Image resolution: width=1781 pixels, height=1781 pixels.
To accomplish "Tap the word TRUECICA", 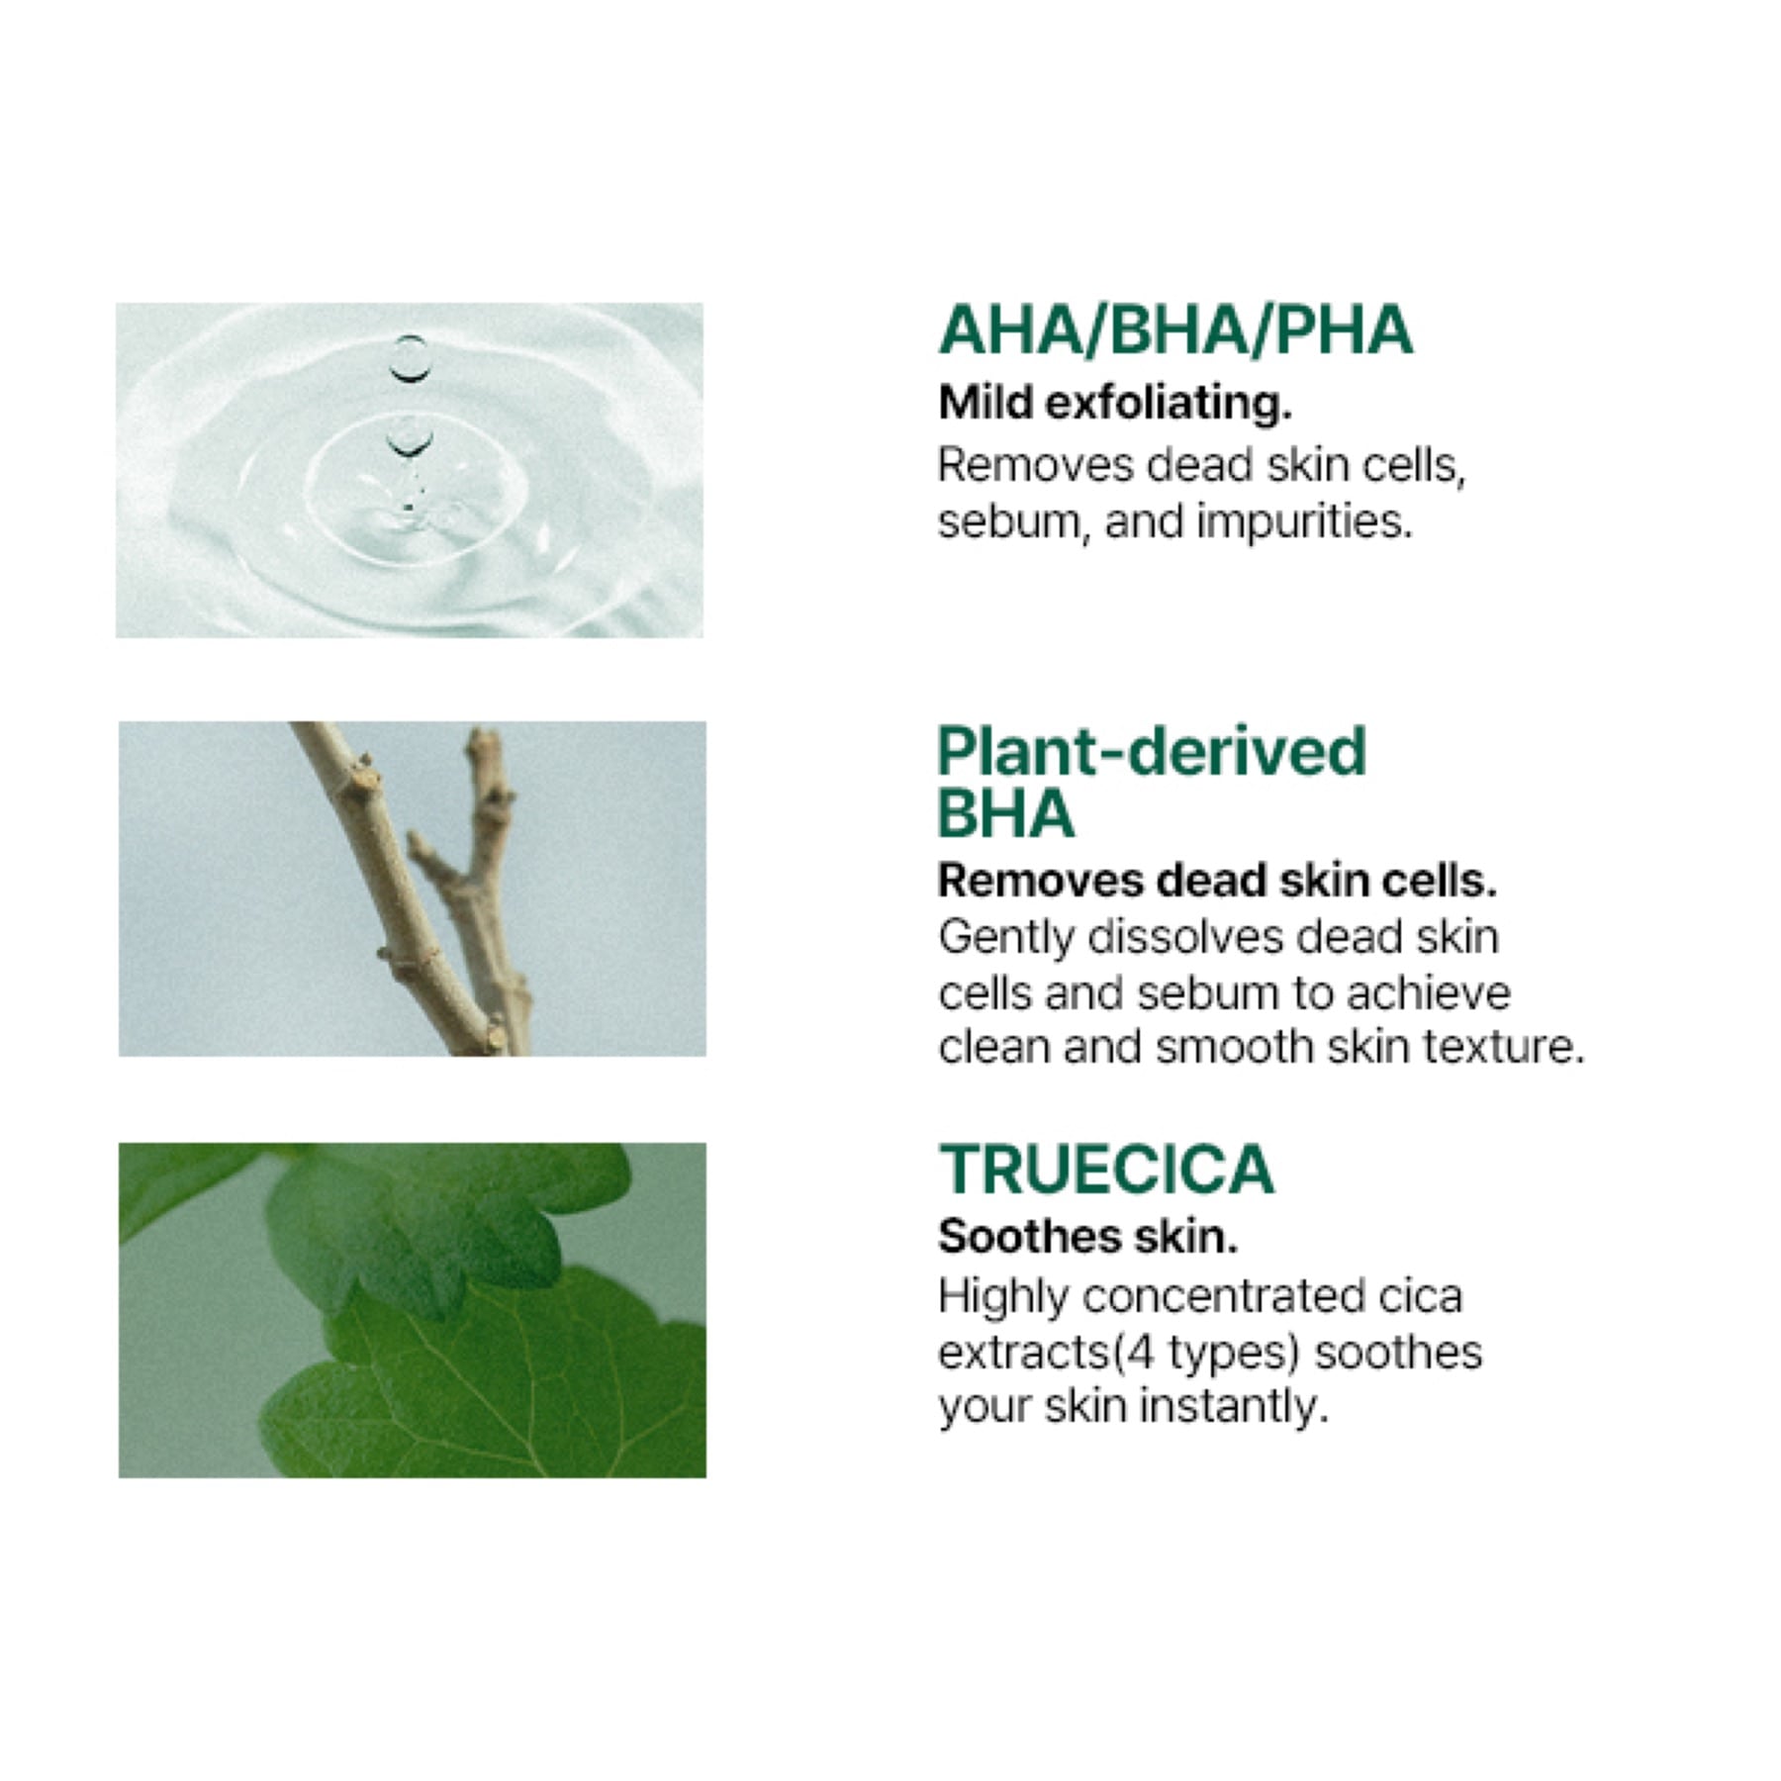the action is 1106,1170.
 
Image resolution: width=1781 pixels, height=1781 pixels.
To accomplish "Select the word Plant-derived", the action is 1152,751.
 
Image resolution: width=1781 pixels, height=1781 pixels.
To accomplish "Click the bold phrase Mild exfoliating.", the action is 1115,403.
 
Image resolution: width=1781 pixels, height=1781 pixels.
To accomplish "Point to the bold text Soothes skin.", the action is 1087,1236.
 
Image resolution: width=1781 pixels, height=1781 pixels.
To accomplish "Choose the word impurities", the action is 1305,521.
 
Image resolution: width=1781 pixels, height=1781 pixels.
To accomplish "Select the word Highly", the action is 1003,1297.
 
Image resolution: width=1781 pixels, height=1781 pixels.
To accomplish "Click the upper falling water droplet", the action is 409,358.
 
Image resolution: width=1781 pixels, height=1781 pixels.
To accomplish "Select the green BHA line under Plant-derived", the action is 1005,813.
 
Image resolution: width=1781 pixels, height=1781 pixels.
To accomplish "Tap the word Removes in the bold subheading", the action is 1040,881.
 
